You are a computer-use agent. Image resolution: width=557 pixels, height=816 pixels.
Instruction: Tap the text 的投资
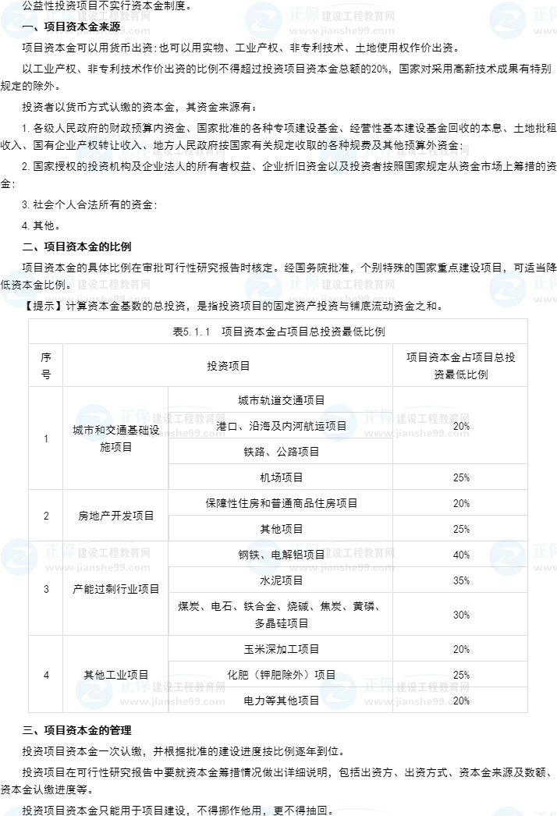point(93,165)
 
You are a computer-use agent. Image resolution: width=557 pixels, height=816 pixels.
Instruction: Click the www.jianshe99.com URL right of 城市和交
point(172,434)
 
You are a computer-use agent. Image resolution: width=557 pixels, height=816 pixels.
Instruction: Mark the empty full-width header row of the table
point(278,331)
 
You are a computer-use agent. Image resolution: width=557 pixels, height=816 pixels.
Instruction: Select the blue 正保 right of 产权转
point(134,147)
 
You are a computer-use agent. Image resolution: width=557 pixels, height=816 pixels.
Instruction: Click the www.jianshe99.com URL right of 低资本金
point(98,300)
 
